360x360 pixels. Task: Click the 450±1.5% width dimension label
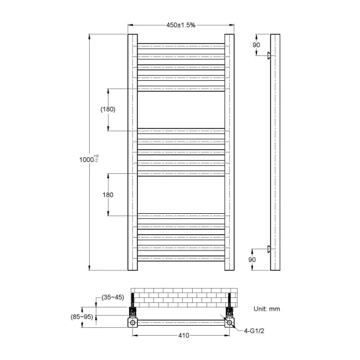(x=180, y=25)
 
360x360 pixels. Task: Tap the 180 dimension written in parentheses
(x=108, y=110)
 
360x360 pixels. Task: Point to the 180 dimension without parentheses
(x=108, y=194)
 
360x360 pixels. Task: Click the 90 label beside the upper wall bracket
(x=256, y=45)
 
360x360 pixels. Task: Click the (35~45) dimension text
(x=113, y=297)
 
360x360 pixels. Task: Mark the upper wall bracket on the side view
(x=269, y=55)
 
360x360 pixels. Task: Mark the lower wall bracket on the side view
(x=269, y=249)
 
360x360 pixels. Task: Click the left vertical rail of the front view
(x=132, y=152)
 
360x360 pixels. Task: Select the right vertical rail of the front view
(x=229, y=152)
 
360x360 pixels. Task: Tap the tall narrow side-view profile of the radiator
(x=275, y=152)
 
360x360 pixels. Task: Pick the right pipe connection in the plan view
(x=228, y=321)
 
